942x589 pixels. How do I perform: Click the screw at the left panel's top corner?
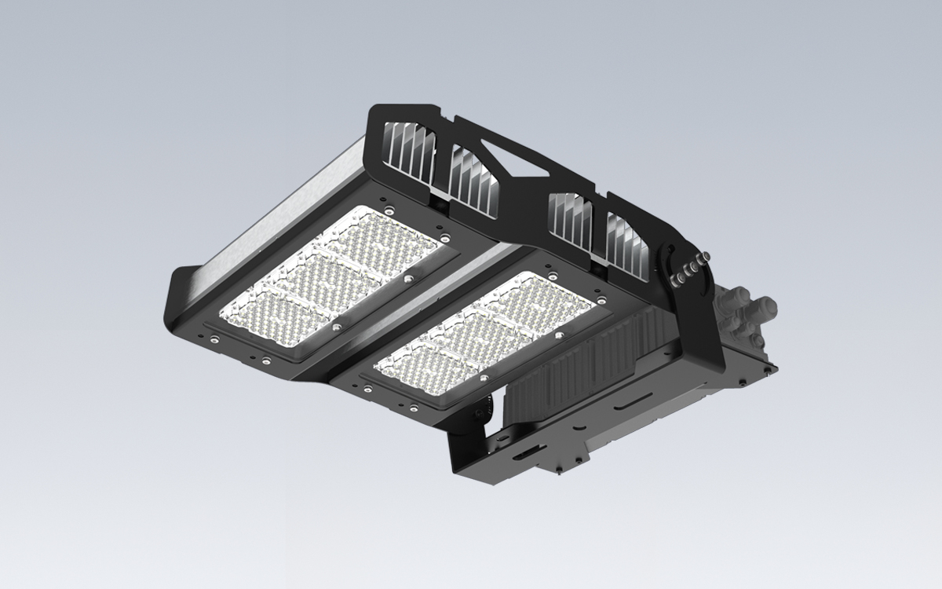pyautogui.click(x=388, y=208)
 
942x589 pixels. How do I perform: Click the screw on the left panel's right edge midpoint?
pyautogui.click(x=407, y=279)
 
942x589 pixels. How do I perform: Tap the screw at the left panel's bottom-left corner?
pyautogui.click(x=214, y=339)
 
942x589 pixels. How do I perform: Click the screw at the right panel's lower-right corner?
pyautogui.click(x=559, y=335)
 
